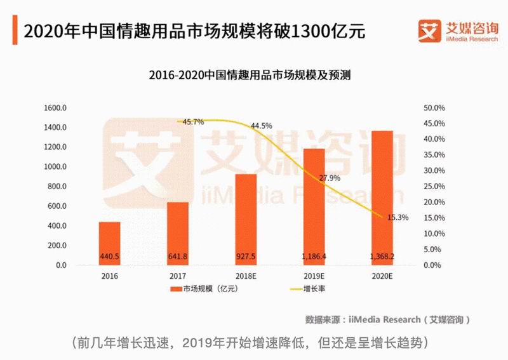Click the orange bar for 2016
(x=109, y=241)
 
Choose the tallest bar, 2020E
(x=382, y=196)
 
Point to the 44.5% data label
(x=261, y=126)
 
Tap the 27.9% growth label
(x=329, y=177)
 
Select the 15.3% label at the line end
(x=398, y=217)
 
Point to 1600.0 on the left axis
(x=56, y=108)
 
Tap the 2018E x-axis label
(x=246, y=277)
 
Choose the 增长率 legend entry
(x=305, y=290)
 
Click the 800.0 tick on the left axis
(x=57, y=187)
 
